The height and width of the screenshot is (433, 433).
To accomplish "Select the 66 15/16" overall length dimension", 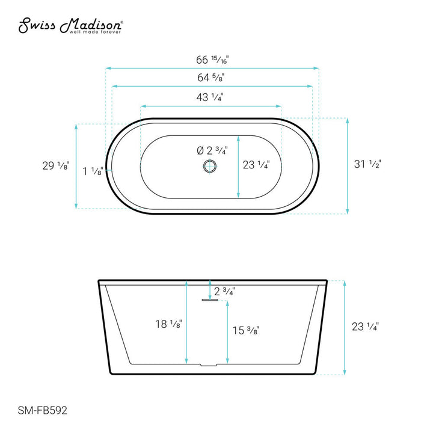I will click(212, 60).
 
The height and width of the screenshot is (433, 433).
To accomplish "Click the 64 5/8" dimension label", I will click(212, 77).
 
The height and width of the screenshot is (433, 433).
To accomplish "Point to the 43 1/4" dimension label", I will click(210, 96).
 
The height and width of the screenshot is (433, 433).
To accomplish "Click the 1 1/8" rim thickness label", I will click(92, 171).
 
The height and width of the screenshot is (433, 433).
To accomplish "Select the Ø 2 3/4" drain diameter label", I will click(211, 151).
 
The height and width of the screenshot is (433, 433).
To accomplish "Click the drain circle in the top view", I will click(210, 167).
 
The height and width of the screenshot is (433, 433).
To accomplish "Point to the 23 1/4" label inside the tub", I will click(256, 164).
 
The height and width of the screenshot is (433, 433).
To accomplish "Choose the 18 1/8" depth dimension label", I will click(167, 324).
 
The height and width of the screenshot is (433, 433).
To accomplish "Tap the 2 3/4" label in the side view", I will click(224, 291).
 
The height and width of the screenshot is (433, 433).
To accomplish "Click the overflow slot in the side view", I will click(210, 299).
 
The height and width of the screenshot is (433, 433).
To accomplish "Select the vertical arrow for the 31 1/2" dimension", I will click(347, 165).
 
